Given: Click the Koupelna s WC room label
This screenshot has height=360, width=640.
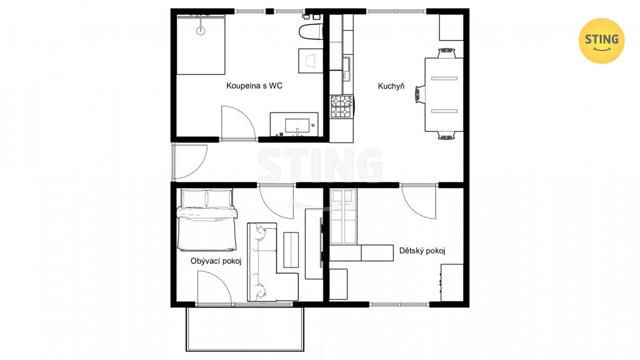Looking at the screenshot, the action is (254, 86).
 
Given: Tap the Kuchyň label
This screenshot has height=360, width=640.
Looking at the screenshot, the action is (391, 86).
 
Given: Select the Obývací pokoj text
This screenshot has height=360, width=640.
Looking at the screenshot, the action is (216, 261).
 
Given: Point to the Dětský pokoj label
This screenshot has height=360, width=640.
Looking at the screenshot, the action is (422, 251).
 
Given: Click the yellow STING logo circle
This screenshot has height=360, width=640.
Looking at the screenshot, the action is (602, 41).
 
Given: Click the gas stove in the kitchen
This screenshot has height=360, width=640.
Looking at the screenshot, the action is (342, 106).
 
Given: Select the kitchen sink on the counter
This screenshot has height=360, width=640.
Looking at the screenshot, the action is (346, 68).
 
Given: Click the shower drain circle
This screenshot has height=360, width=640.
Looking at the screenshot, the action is (201, 31).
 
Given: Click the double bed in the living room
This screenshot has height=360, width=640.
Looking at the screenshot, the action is (206, 220).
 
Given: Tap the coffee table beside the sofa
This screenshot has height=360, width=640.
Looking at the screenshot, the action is (291, 250).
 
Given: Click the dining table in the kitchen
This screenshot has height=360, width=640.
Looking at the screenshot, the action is (444, 95).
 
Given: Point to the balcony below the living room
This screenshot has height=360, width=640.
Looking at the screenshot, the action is (245, 329).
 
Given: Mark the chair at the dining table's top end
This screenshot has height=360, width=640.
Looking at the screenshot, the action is (446, 54).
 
